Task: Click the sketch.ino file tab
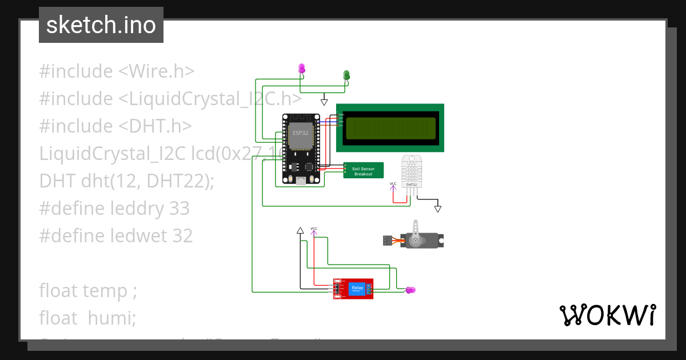coord(101,25)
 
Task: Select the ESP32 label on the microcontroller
coord(300,133)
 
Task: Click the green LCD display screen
coord(390,127)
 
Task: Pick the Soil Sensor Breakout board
coord(364,170)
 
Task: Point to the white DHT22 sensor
coord(416,171)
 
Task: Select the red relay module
coord(354,289)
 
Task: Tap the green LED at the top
coord(346,75)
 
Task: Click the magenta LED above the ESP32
coord(302,69)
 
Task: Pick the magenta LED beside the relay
coord(410,290)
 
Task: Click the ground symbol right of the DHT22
coord(438,209)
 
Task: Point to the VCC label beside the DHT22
coord(393,184)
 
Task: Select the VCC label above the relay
coord(314,229)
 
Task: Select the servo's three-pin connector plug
coord(388,241)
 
